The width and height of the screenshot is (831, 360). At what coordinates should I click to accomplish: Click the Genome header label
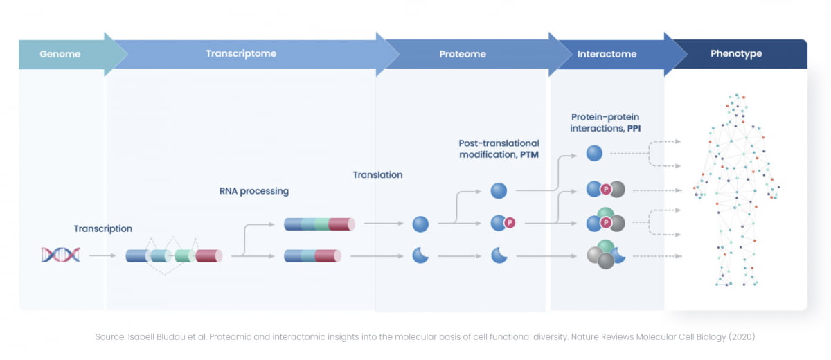(x=61, y=54)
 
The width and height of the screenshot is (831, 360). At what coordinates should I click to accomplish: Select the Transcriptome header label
(x=241, y=54)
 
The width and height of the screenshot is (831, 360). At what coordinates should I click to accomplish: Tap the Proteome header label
(x=463, y=54)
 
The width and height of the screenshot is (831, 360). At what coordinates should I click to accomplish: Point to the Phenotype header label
(x=736, y=54)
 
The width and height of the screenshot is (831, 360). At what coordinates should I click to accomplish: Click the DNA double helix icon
(x=60, y=255)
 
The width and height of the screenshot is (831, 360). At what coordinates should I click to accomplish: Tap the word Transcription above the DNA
(x=103, y=228)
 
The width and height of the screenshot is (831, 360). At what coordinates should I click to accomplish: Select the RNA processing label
(x=254, y=191)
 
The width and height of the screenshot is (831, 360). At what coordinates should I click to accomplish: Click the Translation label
(x=377, y=175)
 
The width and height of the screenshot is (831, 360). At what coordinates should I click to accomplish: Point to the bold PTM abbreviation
(x=530, y=155)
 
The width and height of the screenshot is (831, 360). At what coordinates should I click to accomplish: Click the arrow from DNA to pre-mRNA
(x=103, y=255)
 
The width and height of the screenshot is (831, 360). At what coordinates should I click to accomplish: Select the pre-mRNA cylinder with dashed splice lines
(x=174, y=255)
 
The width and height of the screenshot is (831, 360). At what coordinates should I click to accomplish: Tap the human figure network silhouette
(x=736, y=190)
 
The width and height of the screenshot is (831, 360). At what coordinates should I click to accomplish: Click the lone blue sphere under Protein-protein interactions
(x=594, y=153)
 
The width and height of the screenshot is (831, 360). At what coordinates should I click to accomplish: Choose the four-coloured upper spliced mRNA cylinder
(x=319, y=224)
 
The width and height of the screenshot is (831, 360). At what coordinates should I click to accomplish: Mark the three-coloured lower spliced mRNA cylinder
(x=313, y=255)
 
